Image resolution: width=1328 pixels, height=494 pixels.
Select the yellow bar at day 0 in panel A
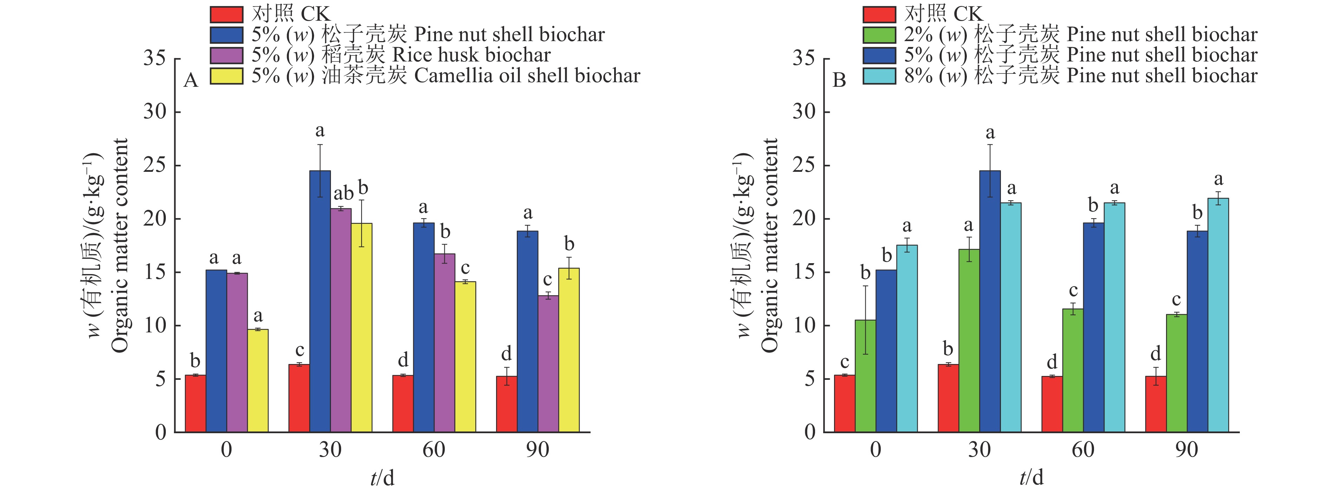[x=258, y=381]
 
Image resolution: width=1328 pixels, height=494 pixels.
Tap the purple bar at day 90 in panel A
[x=548, y=364]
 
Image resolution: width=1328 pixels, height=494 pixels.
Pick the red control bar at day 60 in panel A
[x=403, y=403]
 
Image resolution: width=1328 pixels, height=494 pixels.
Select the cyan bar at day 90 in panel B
[x=1218, y=315]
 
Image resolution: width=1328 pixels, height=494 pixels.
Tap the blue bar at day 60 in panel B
[x=1093, y=327]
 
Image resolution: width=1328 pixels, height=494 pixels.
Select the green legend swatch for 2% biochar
[x=879, y=34]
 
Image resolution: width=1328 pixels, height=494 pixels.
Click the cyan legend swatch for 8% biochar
[x=879, y=76]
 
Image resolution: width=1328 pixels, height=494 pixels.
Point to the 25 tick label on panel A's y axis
[x=155, y=165]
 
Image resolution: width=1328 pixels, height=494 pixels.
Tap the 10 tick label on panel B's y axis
[x=804, y=325]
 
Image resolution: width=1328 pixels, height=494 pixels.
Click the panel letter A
[x=191, y=81]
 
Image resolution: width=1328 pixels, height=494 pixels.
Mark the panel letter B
[x=839, y=81]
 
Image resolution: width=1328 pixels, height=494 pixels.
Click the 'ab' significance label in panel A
[x=343, y=194]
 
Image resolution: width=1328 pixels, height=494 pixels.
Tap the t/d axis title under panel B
[x=1031, y=477]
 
